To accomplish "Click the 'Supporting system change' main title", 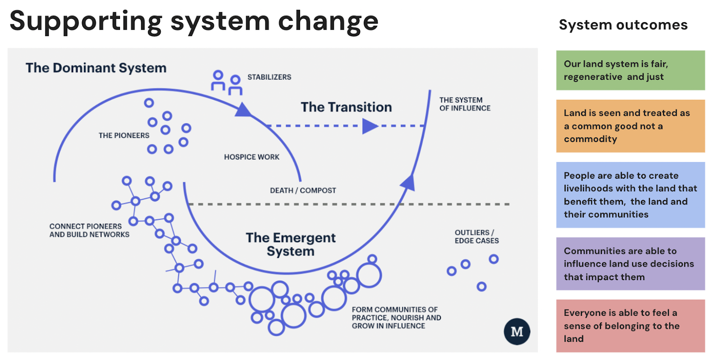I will [194, 22].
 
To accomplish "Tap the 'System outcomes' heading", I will [623, 25].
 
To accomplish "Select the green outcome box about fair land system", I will [630, 70].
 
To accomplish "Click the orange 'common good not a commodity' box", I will [630, 126].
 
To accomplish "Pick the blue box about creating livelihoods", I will [630, 195].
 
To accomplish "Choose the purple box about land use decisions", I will [630, 264].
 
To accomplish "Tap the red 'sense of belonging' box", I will [630, 326].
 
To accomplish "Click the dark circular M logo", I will [517, 332].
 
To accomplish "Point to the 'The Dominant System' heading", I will [96, 68].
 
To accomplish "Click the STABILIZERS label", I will [269, 77].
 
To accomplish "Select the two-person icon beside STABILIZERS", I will [227, 83].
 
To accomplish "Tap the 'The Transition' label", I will [346, 107].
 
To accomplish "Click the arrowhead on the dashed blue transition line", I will [370, 126].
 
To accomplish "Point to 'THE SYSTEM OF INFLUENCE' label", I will [464, 104].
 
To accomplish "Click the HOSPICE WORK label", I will [251, 157].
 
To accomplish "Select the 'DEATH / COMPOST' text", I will [303, 190].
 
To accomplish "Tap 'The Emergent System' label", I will [291, 244].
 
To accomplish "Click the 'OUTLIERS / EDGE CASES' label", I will [476, 237].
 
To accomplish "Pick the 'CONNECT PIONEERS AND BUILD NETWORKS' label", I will [89, 231].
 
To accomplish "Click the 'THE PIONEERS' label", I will [124, 135].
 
